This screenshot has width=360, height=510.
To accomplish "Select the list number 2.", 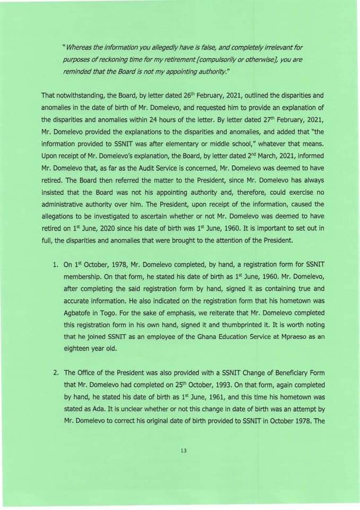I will tap(56, 372).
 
